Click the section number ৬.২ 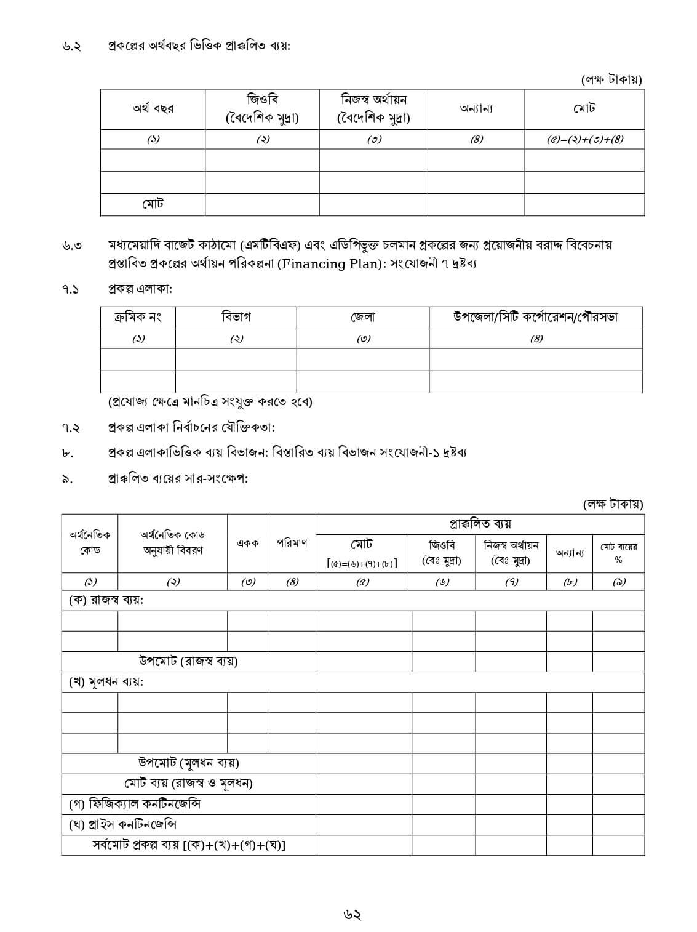pyautogui.click(x=71, y=47)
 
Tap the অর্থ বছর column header pyautogui.click(x=153, y=109)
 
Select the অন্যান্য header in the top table pyautogui.click(x=476, y=109)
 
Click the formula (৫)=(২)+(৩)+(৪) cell pyautogui.click(x=584, y=139)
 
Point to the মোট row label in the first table pyautogui.click(x=153, y=204)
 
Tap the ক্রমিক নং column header pyautogui.click(x=138, y=318)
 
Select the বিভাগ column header pyautogui.click(x=236, y=318)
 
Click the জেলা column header pyautogui.click(x=362, y=318)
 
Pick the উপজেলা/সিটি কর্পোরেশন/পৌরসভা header pyautogui.click(x=535, y=318)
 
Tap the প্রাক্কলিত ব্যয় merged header pyautogui.click(x=480, y=524)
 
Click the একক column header pyautogui.click(x=247, y=543)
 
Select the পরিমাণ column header pyautogui.click(x=292, y=543)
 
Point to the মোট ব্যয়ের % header pyautogui.click(x=618, y=552)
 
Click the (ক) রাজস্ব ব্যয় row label pyautogui.click(x=105, y=600)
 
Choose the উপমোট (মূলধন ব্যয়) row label pyautogui.click(x=188, y=763)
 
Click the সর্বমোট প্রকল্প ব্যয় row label pyautogui.click(x=188, y=845)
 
